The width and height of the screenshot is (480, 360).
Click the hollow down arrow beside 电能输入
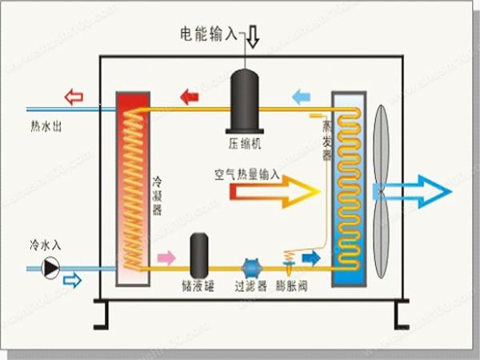coord(252,36)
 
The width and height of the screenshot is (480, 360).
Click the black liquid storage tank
coord(200,255)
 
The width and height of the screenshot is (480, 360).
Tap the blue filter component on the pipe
coord(251,267)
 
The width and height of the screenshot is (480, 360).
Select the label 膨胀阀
coord(290,285)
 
